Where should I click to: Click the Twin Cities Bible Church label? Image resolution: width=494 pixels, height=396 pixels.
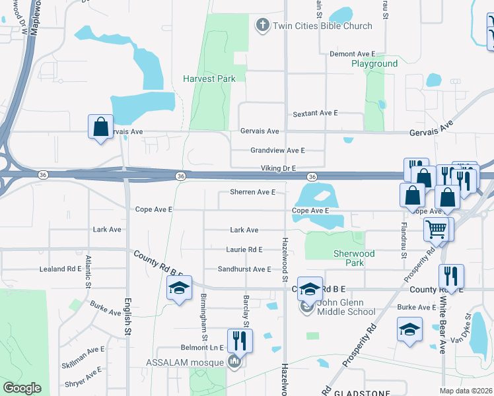tap(322, 26)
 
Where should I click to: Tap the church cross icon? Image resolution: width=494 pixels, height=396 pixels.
tap(262, 26)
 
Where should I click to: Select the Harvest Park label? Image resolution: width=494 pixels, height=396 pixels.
tap(209, 79)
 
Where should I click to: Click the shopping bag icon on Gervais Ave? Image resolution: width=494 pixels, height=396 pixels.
tap(100, 127)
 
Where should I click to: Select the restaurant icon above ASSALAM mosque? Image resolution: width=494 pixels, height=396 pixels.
tap(240, 341)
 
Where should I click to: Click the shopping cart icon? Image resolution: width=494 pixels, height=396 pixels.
tap(436, 229)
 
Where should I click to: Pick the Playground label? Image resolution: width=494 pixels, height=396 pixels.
tap(374, 63)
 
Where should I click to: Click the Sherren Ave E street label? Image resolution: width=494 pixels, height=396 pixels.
tap(252, 192)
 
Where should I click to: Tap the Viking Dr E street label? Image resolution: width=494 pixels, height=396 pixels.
tap(278, 169)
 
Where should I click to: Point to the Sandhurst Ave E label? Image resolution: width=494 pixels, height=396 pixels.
tap(245, 269)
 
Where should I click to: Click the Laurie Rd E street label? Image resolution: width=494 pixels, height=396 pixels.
tap(244, 249)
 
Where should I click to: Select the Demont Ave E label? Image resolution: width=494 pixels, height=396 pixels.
tap(352, 53)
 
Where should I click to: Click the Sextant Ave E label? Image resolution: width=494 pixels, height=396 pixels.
tap(316, 114)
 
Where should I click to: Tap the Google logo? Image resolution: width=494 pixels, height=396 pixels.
tap(22, 388)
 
